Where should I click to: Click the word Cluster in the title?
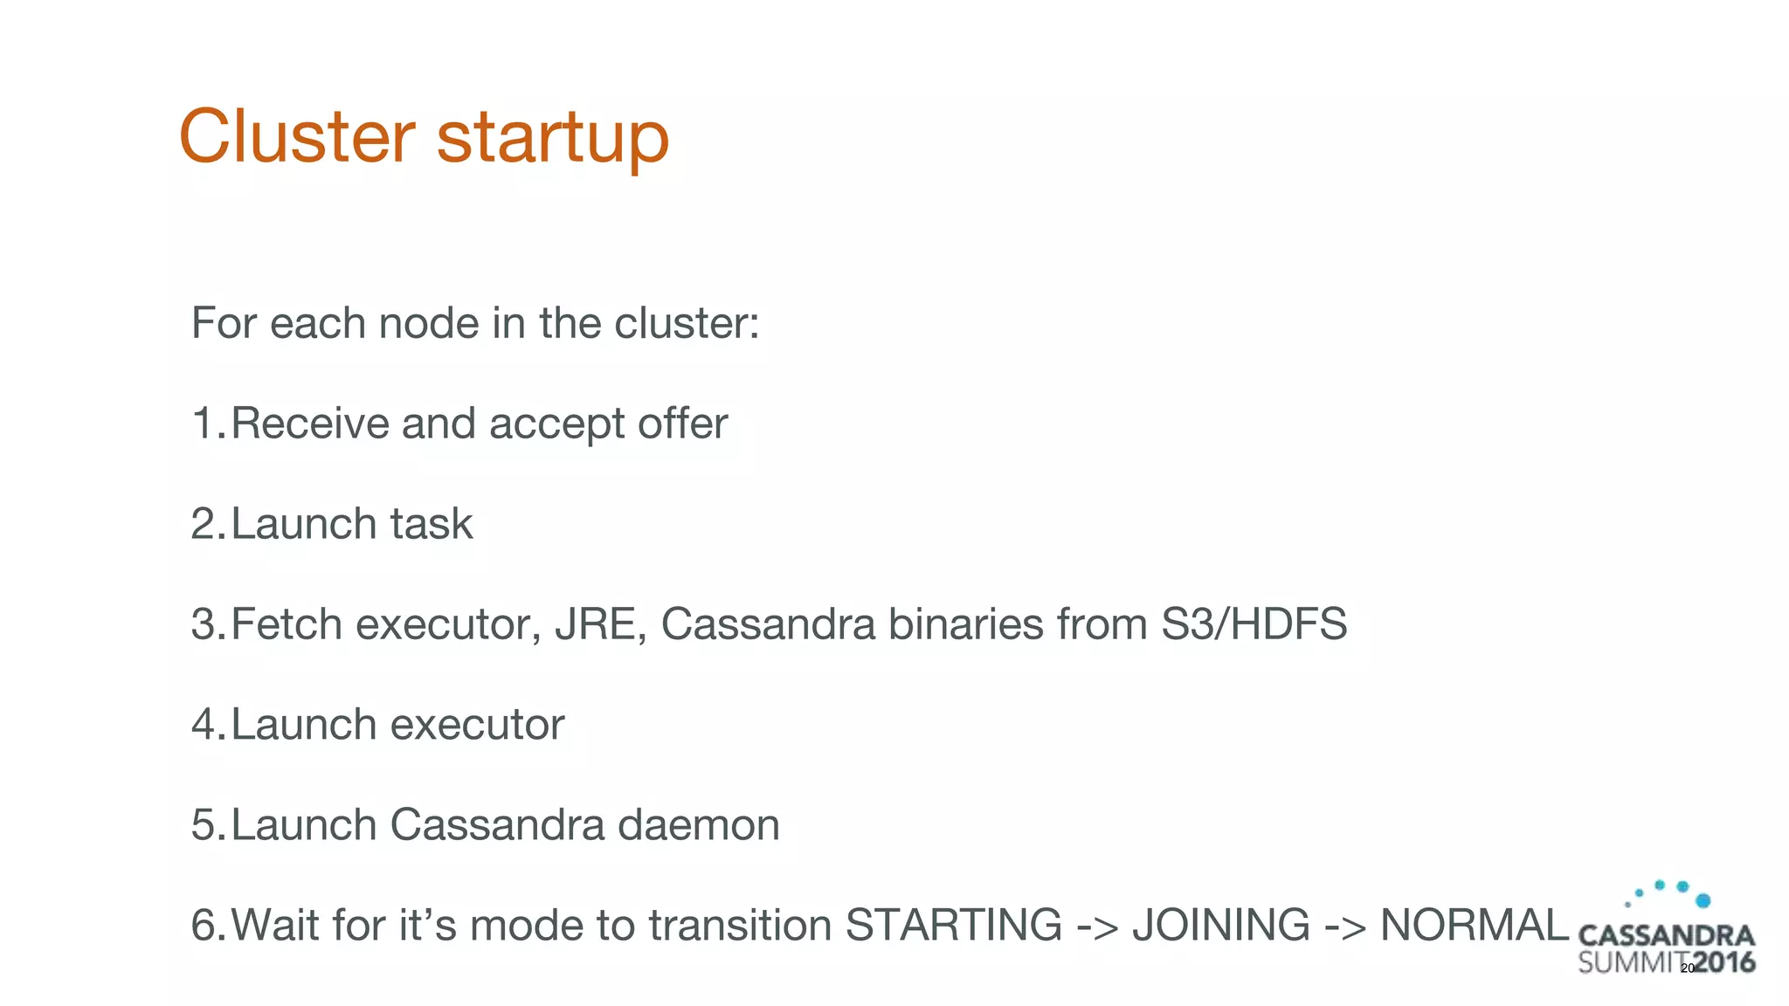click(x=296, y=136)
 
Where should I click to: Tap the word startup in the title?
click(x=552, y=140)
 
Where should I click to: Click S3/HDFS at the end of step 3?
click(x=1254, y=624)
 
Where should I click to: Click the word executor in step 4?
click(x=477, y=725)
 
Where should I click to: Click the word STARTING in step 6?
click(x=953, y=925)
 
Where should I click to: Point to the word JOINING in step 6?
click(x=1220, y=925)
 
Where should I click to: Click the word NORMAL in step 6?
click(x=1474, y=925)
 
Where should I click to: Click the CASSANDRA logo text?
click(x=1666, y=936)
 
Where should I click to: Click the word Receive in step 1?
click(x=309, y=424)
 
